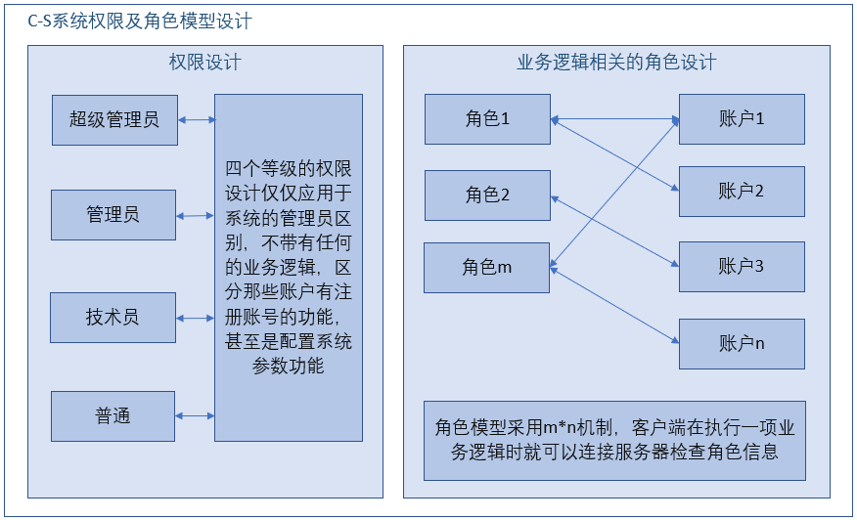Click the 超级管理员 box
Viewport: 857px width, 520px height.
(x=114, y=119)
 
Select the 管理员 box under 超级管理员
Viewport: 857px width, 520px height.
(x=113, y=215)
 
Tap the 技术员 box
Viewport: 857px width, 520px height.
(x=113, y=317)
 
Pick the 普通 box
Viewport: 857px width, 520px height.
(x=113, y=416)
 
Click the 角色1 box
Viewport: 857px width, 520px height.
(x=487, y=119)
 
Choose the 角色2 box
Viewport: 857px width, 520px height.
(x=487, y=195)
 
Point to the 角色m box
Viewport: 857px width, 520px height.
(x=487, y=268)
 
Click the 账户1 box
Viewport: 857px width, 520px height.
(x=742, y=119)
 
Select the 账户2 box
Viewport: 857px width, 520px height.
(x=742, y=192)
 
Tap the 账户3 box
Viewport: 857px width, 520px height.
(x=742, y=266)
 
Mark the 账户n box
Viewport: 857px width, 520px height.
(x=742, y=343)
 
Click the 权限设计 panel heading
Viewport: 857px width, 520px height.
(x=205, y=63)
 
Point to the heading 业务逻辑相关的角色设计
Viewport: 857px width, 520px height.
(x=616, y=63)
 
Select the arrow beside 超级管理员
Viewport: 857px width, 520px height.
(x=197, y=120)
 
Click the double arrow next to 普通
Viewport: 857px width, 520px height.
(x=196, y=416)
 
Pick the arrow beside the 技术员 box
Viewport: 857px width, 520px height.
(x=196, y=318)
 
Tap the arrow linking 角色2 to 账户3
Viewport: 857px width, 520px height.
(x=615, y=230)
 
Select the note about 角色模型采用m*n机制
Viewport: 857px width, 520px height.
(x=614, y=440)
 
